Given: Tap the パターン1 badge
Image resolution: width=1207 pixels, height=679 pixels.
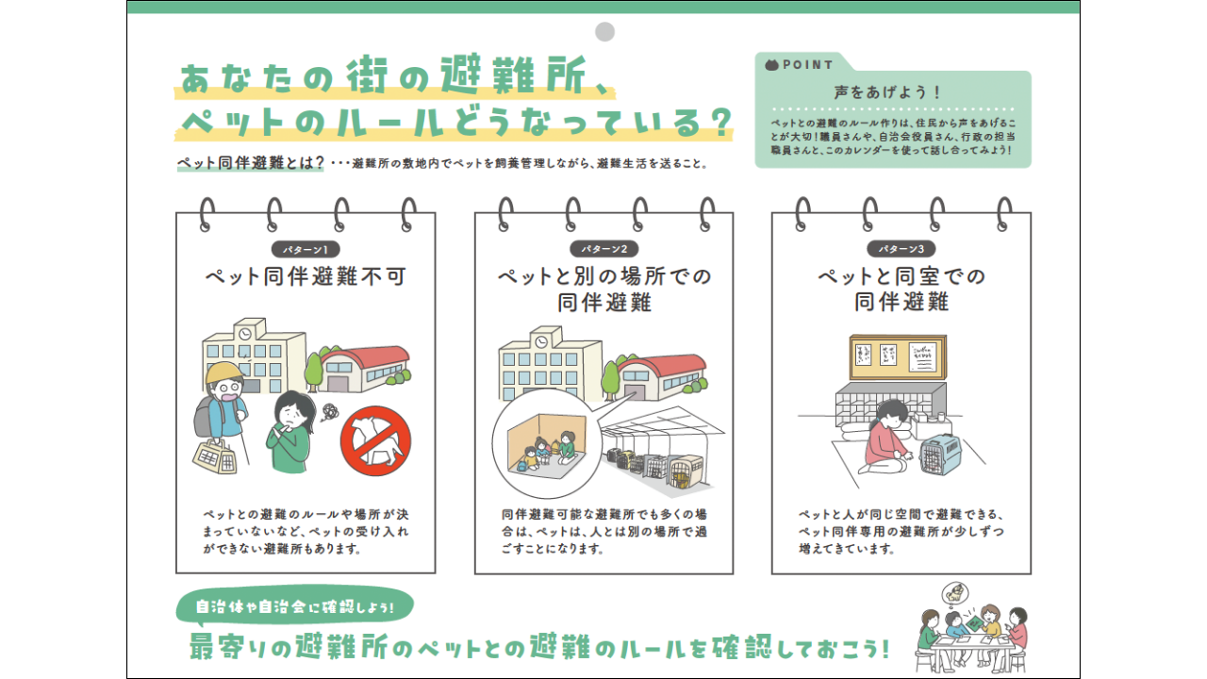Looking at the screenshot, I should [306, 250].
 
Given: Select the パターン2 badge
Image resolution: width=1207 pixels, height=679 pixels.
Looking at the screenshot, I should [603, 250].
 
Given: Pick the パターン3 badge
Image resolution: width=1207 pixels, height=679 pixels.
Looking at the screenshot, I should [901, 250].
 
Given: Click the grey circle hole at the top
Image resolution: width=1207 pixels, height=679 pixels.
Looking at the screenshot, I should [604, 31].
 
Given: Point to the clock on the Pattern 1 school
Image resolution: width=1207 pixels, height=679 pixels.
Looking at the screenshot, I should [245, 334].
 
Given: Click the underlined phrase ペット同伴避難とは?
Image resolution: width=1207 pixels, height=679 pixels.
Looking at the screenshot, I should [251, 162].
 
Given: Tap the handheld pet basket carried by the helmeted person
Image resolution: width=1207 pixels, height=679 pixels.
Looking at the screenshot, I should [215, 456].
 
